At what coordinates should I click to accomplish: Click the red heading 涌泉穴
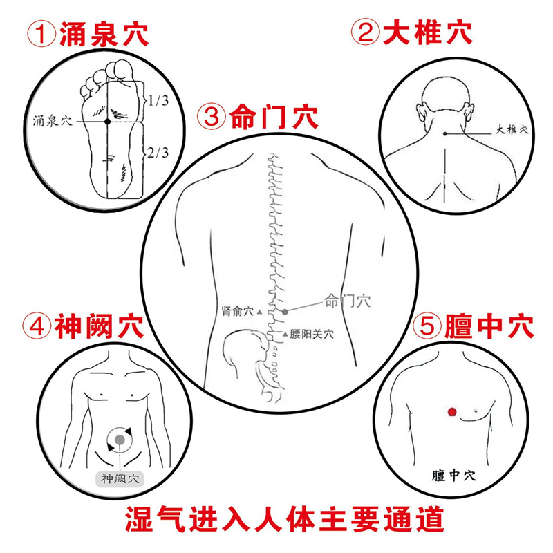click(104, 33)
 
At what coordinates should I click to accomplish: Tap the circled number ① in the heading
click(41, 33)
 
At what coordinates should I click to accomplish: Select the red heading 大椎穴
click(429, 33)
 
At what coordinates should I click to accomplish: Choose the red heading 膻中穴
click(490, 326)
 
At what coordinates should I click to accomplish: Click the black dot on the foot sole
click(107, 122)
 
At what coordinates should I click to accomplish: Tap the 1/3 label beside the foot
click(158, 101)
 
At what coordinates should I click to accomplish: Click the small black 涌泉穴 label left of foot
click(53, 121)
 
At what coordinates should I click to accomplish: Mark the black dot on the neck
click(445, 133)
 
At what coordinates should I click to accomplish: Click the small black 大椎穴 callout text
click(512, 129)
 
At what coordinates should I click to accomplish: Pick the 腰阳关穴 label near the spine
click(312, 333)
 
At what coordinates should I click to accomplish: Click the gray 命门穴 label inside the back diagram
click(347, 301)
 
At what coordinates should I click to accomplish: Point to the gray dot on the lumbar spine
click(284, 312)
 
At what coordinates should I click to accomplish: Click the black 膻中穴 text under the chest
click(453, 475)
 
